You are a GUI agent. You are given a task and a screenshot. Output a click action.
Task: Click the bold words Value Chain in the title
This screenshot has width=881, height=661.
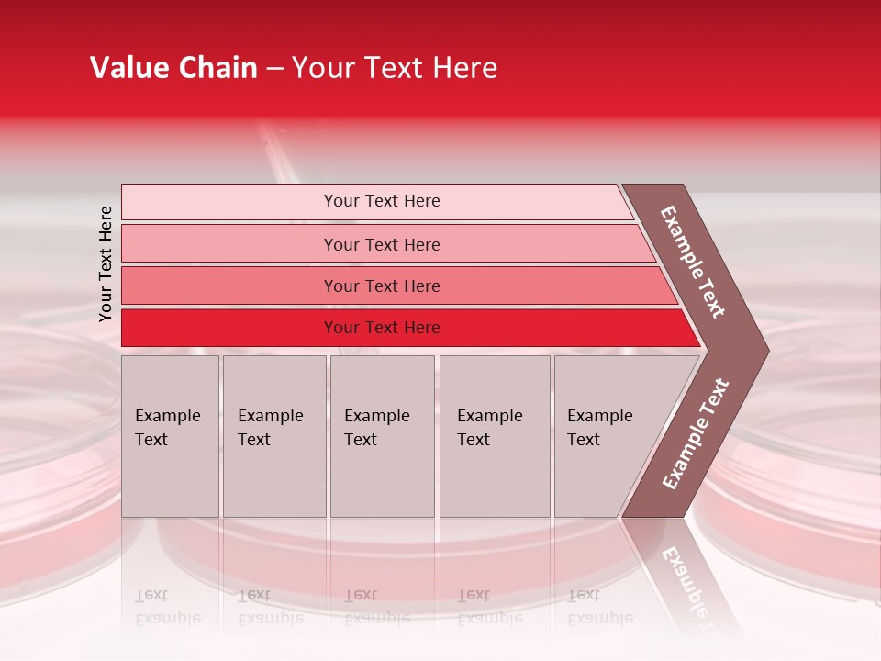coord(173,68)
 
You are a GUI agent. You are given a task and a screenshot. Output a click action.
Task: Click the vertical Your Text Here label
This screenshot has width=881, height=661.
coord(106,263)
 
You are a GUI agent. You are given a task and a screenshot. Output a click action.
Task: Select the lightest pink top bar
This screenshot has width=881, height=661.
coord(229,202)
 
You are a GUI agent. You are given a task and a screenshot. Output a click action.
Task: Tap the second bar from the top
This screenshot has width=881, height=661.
coord(229,244)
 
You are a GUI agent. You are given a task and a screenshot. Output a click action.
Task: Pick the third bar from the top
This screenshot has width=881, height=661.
coord(229,286)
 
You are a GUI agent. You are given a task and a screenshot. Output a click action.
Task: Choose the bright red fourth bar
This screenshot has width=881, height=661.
coord(229,328)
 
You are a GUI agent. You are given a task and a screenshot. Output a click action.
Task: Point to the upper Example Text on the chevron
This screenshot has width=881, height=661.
coord(693,262)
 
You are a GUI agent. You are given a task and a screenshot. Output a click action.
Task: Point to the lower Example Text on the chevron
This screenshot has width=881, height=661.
coord(696,433)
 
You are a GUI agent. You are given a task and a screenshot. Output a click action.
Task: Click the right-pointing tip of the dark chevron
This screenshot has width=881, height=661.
coord(764,351)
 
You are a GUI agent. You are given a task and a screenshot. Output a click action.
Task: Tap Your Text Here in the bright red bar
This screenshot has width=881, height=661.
coord(382,328)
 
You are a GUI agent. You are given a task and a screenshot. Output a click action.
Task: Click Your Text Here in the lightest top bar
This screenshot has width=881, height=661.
coord(382,201)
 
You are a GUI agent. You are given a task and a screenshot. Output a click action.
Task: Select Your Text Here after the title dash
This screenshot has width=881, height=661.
coord(395,68)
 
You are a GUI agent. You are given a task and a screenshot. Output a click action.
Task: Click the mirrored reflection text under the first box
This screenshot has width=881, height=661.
coord(167,607)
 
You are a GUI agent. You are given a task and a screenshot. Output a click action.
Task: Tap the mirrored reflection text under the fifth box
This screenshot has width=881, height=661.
coord(599,607)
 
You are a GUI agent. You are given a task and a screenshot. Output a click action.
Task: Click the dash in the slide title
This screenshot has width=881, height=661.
coord(274,69)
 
